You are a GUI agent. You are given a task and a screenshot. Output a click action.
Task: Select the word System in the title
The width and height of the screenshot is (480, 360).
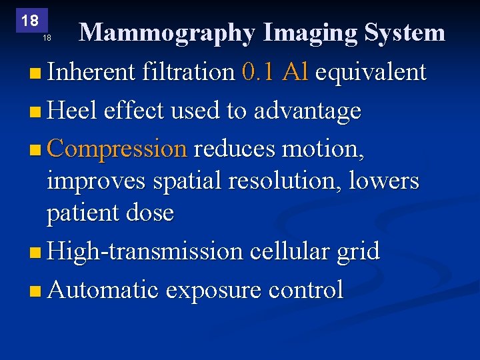click(x=404, y=33)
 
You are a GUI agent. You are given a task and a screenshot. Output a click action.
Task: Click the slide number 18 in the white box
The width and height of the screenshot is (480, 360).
click(x=30, y=21)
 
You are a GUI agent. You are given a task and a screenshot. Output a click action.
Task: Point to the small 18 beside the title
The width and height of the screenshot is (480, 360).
click(x=47, y=38)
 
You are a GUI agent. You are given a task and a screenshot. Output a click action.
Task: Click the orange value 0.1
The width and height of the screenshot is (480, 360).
click(x=259, y=72)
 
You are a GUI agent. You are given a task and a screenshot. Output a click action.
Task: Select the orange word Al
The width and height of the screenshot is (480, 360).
click(x=295, y=72)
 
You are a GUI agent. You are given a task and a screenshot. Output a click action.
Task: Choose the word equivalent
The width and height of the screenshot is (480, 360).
click(x=370, y=72)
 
